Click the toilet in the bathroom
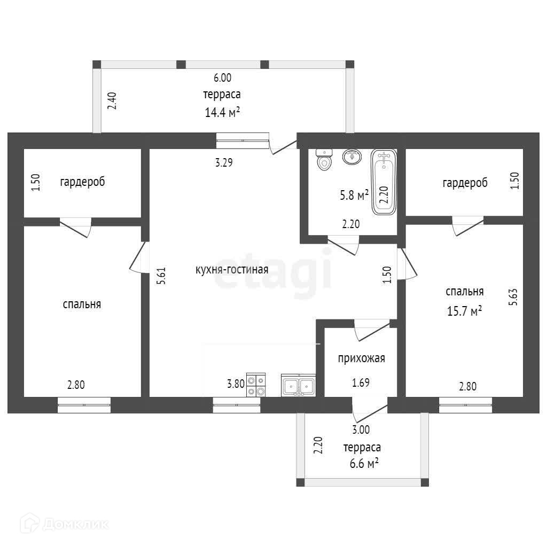(x=324, y=160)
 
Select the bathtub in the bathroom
(x=384, y=182)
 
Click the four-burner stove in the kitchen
(x=256, y=385)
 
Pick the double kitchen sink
(x=298, y=385)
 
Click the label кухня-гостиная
(x=232, y=270)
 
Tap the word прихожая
(x=362, y=358)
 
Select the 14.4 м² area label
(x=222, y=112)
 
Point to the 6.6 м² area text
(x=364, y=464)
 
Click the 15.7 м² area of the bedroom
(x=465, y=311)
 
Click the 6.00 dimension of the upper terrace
(x=223, y=78)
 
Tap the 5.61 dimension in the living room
(x=161, y=276)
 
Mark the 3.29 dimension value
(x=224, y=162)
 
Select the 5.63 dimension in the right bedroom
(x=513, y=297)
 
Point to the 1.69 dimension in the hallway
(x=361, y=382)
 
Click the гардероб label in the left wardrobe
(x=82, y=182)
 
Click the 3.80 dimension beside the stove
(x=236, y=384)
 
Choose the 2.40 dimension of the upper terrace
(x=112, y=101)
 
